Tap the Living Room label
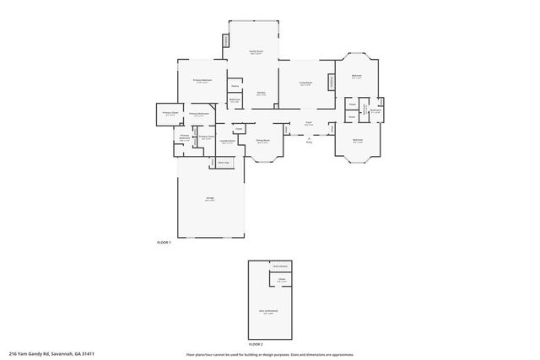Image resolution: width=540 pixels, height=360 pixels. click(x=306, y=83)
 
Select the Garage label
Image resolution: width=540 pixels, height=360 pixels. click(x=209, y=199)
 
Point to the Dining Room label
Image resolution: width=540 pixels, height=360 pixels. click(x=262, y=141)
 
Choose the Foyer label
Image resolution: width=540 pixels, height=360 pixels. click(x=309, y=123)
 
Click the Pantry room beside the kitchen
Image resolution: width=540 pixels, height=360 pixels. click(x=235, y=87)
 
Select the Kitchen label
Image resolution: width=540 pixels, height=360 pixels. click(x=262, y=94)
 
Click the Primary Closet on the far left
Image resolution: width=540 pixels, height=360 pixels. click(x=170, y=114)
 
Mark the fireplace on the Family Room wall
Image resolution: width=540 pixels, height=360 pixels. click(x=225, y=41)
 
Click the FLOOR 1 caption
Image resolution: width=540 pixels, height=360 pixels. click(x=164, y=243)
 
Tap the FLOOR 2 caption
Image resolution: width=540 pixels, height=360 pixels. click(x=256, y=344)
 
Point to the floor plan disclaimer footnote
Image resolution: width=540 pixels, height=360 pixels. click(x=270, y=354)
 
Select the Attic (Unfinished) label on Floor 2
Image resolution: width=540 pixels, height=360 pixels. click(x=268, y=311)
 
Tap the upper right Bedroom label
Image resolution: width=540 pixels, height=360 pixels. click(x=357, y=77)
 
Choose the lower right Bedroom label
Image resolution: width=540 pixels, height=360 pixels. click(x=357, y=141)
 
